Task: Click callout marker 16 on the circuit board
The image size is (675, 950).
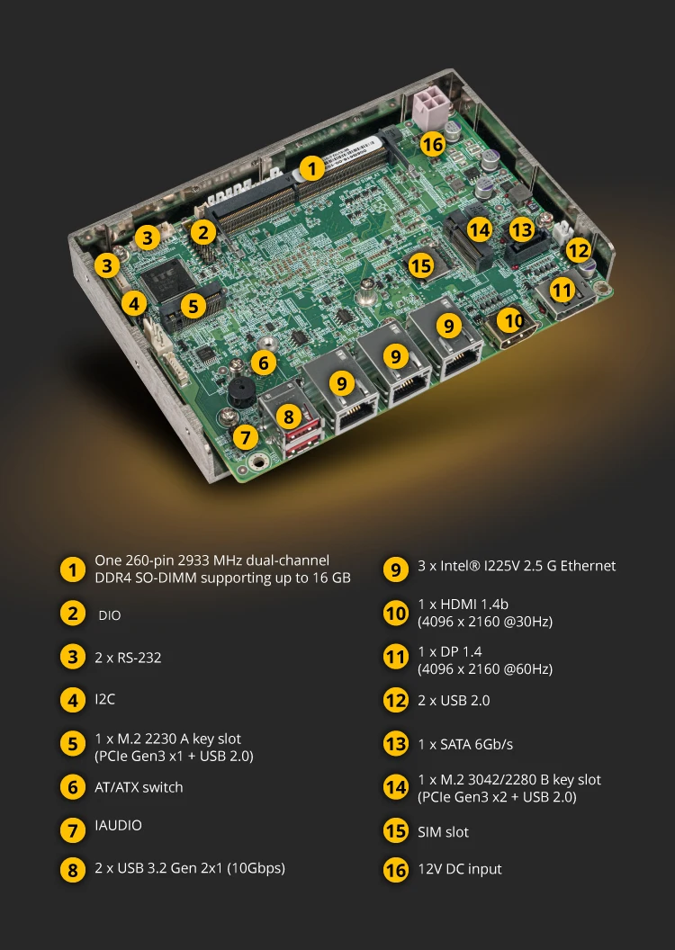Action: (432, 144)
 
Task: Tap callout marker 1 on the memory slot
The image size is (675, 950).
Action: (310, 167)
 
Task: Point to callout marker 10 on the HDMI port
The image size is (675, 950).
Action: (512, 319)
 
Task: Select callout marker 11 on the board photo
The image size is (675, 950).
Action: (562, 291)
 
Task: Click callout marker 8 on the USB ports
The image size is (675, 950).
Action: (288, 417)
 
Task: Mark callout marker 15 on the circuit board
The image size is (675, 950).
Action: (420, 265)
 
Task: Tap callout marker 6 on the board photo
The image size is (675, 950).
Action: (263, 363)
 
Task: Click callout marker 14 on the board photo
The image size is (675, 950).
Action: (479, 229)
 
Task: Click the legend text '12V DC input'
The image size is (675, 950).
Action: (459, 869)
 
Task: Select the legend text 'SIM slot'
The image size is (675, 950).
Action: (443, 832)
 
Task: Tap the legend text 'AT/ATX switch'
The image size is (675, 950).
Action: (139, 787)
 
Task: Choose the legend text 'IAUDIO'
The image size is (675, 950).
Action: (118, 825)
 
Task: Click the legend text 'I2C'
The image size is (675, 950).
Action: (104, 699)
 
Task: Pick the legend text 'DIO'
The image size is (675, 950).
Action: (109, 615)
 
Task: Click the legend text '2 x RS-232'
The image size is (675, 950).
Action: (128, 658)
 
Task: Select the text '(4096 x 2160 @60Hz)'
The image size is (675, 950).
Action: (485, 669)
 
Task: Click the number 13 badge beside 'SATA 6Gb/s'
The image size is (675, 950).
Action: (396, 744)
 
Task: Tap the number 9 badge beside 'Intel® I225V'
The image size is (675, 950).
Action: (396, 569)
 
